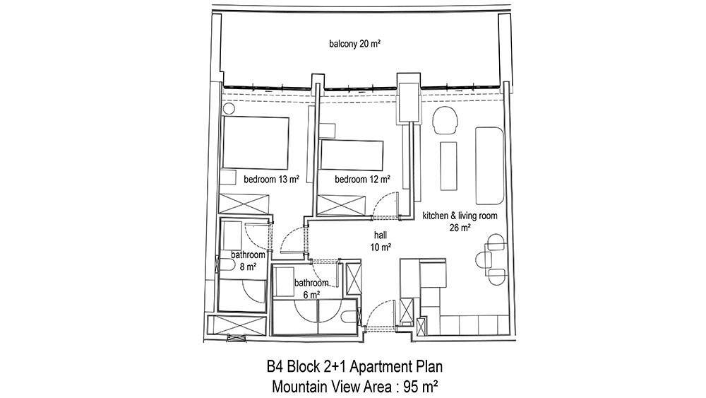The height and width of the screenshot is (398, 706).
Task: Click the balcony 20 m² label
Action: tap(355, 44)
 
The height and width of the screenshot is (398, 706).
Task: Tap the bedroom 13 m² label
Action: tap(272, 180)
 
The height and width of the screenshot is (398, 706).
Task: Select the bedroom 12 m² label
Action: tap(362, 180)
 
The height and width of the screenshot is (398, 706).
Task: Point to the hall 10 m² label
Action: tap(381, 241)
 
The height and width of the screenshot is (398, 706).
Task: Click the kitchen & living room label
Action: tap(460, 216)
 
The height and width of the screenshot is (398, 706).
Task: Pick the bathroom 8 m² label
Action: tap(248, 261)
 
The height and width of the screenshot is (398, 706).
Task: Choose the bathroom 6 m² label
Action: tap(311, 289)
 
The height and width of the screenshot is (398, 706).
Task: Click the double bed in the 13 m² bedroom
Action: tap(256, 144)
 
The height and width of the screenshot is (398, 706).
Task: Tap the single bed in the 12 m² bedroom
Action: tap(351, 156)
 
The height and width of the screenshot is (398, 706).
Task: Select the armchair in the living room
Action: tap(445, 120)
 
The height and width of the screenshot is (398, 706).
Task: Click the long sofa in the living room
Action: tap(489, 165)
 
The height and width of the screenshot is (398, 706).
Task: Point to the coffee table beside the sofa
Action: tap(448, 166)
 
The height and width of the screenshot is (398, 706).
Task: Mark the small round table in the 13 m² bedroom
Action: tap(229, 109)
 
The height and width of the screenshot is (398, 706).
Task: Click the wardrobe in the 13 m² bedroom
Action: tap(244, 204)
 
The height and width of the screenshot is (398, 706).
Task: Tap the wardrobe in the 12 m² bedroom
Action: tap(341, 205)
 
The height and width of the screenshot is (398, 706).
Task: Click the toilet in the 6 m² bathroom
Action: tap(350, 317)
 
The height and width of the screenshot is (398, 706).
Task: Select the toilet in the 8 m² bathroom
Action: tap(225, 264)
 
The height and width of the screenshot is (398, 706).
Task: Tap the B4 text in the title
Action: tap(276, 366)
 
